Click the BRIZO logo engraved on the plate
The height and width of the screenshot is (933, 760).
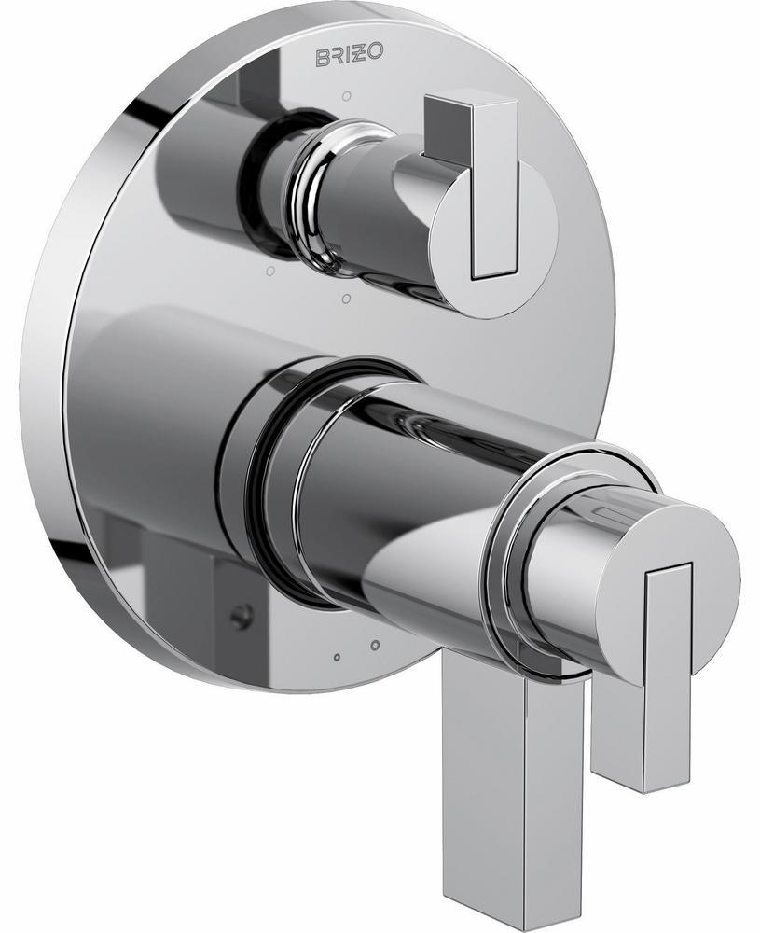(347, 54)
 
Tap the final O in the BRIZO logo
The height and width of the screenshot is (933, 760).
(375, 54)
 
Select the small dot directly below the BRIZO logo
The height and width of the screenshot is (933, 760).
(347, 95)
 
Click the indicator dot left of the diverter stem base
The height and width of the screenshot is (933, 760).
(269, 271)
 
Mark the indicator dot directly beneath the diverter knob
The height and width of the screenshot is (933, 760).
(346, 299)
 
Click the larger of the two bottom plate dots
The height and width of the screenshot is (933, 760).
(375, 645)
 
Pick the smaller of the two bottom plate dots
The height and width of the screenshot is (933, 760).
(337, 656)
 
